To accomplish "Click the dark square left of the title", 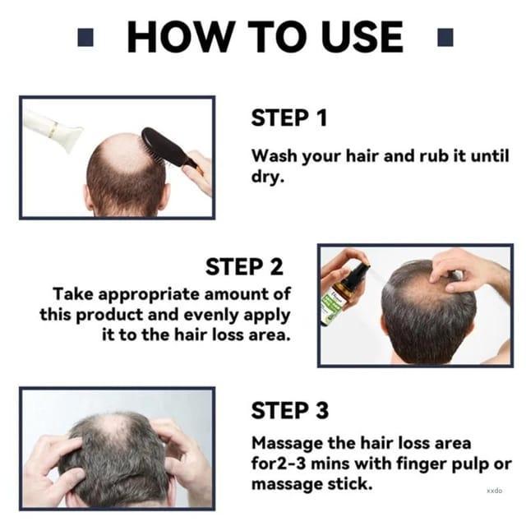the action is point(85,37).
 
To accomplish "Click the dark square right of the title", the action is point(445,37).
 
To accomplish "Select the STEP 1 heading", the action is point(289,118).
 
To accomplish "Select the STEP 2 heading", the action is point(244,266).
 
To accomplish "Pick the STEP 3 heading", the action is point(290,411).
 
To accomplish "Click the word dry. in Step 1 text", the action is point(268,177).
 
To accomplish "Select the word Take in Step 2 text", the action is point(73,294).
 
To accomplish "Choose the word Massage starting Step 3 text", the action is point(288,444).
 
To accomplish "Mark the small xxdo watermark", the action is point(494,491).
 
